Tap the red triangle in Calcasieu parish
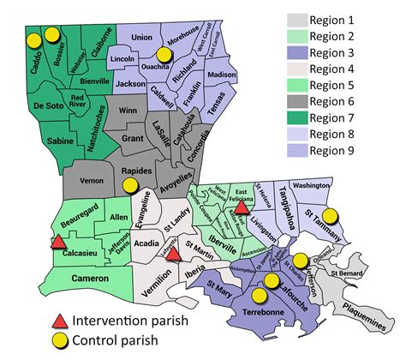(x=57, y=243)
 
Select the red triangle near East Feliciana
(x=242, y=206)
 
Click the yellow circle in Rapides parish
(x=130, y=184)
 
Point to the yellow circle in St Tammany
(x=330, y=218)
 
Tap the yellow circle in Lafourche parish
(x=272, y=280)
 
